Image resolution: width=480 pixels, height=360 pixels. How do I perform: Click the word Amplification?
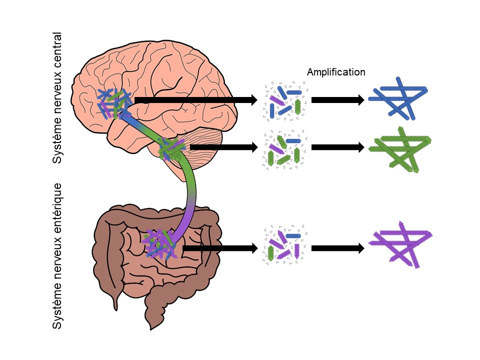(x=336, y=72)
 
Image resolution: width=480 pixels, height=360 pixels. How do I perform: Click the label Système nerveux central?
(x=58, y=98)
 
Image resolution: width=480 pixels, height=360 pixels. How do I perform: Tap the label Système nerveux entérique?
(x=58, y=256)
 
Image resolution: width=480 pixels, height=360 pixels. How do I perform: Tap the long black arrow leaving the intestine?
(x=220, y=247)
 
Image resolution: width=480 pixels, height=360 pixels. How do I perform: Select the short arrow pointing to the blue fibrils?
(x=338, y=100)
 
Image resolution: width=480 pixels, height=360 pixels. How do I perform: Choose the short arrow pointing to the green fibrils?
(x=338, y=147)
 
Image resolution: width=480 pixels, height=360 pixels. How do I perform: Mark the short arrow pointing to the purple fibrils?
(x=338, y=247)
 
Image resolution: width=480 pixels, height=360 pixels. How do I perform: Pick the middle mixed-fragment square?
(x=284, y=148)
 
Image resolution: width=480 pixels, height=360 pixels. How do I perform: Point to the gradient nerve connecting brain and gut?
(x=191, y=190)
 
